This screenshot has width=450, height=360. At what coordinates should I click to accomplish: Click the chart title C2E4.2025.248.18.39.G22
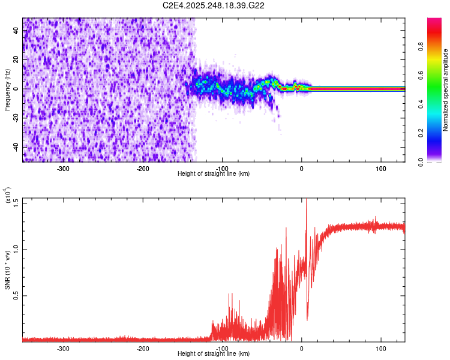pos(214,5)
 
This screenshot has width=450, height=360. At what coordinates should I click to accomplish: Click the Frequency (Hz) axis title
pos(7,90)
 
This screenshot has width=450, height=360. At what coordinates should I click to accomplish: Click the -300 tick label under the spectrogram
pos(63,169)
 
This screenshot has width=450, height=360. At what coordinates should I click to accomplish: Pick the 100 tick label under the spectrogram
pos(381,169)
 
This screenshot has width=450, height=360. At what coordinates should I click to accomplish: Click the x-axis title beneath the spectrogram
pos(214,174)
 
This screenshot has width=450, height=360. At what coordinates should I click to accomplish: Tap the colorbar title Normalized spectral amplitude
pos(445,90)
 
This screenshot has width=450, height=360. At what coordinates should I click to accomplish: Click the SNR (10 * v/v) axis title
pos(7,270)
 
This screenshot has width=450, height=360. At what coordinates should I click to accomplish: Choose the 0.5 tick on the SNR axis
pos(16,296)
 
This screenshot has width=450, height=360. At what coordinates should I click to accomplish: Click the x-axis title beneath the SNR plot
pos(214,354)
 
